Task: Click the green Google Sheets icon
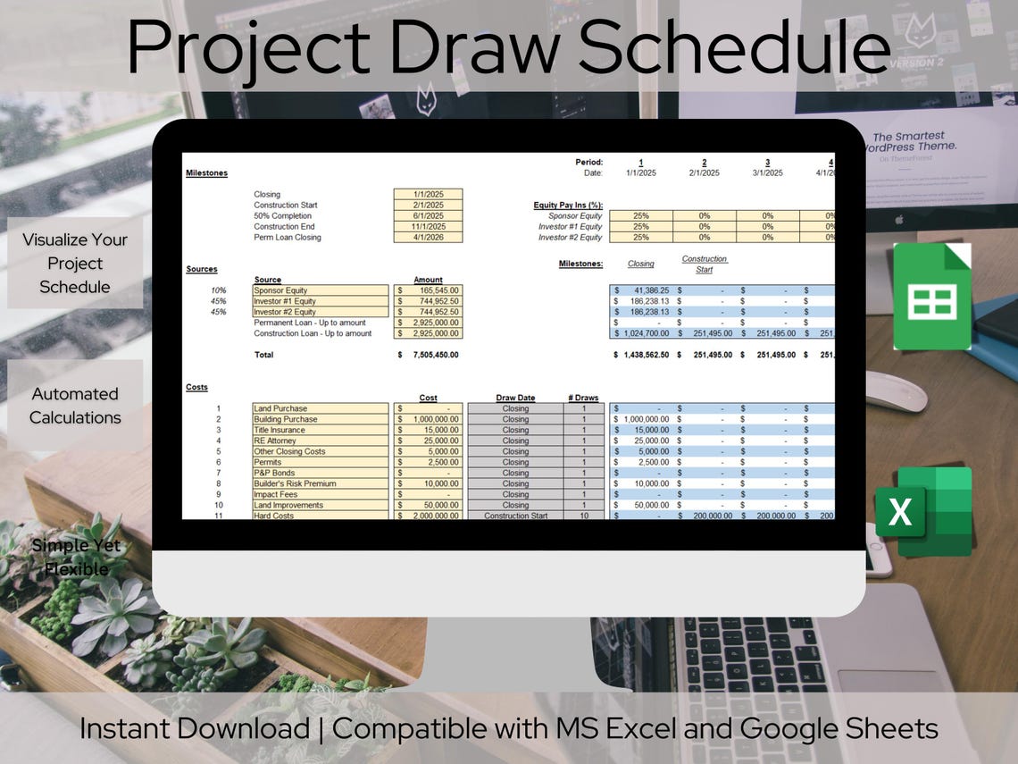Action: coord(932,297)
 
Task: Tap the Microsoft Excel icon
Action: coord(923,511)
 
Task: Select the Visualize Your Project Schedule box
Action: coord(75,264)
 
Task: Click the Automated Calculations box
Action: coord(75,406)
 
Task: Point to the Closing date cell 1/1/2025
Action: coord(428,194)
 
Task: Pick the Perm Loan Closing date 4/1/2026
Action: coord(428,237)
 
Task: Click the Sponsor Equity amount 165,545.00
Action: coord(429,290)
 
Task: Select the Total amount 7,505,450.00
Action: coord(430,355)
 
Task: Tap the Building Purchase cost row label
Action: coord(286,419)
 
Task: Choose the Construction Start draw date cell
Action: coord(515,516)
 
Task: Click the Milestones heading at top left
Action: coord(206,172)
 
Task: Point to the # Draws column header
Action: coord(582,398)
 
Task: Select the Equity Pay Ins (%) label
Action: coord(568,205)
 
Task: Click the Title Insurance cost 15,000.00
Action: coord(429,430)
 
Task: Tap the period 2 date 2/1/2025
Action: coord(704,172)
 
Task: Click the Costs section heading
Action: coord(196,387)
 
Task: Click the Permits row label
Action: coord(269,462)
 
